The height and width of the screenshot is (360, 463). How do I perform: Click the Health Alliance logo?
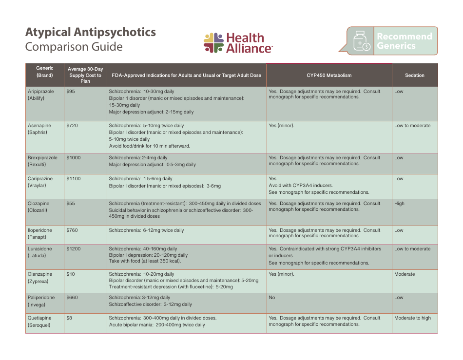238,43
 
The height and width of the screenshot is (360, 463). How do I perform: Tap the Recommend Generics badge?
392,41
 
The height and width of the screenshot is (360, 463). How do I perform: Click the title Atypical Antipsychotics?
91,32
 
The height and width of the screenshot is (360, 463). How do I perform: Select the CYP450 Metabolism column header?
329,76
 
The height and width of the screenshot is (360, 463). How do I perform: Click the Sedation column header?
415,76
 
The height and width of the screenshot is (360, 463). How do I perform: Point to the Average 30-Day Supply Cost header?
85,75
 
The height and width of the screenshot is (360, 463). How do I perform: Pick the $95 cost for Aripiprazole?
71,92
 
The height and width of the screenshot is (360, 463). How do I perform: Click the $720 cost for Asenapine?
72,126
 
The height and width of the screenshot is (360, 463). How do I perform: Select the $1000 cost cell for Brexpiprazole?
74,158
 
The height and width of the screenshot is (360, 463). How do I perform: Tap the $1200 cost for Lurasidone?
74,249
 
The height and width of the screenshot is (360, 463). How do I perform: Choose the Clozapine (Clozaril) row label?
39,207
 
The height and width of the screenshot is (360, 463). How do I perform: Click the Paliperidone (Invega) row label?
41,301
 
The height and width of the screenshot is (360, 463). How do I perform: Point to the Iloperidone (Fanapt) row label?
40,234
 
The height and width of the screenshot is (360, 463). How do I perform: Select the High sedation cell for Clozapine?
400,204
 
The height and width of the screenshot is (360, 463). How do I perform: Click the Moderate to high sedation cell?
412,318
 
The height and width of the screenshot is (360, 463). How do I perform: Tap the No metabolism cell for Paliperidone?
272,298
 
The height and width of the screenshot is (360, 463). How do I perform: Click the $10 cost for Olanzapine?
71,274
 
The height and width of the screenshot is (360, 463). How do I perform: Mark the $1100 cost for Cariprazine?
74,179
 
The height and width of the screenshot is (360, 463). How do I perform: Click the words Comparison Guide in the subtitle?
74,47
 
